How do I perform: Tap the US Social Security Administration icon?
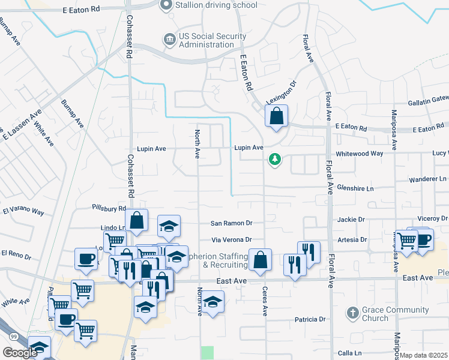[170, 40]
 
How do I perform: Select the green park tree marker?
[275, 160]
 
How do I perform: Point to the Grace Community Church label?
[396, 314]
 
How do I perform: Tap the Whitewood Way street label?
[360, 154]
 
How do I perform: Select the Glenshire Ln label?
[354, 188]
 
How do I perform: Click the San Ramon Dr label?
[231, 223]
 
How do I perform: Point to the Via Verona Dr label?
[231, 239]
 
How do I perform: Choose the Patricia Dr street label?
[310, 320]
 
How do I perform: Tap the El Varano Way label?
[23, 212]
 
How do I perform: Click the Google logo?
[20, 353]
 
